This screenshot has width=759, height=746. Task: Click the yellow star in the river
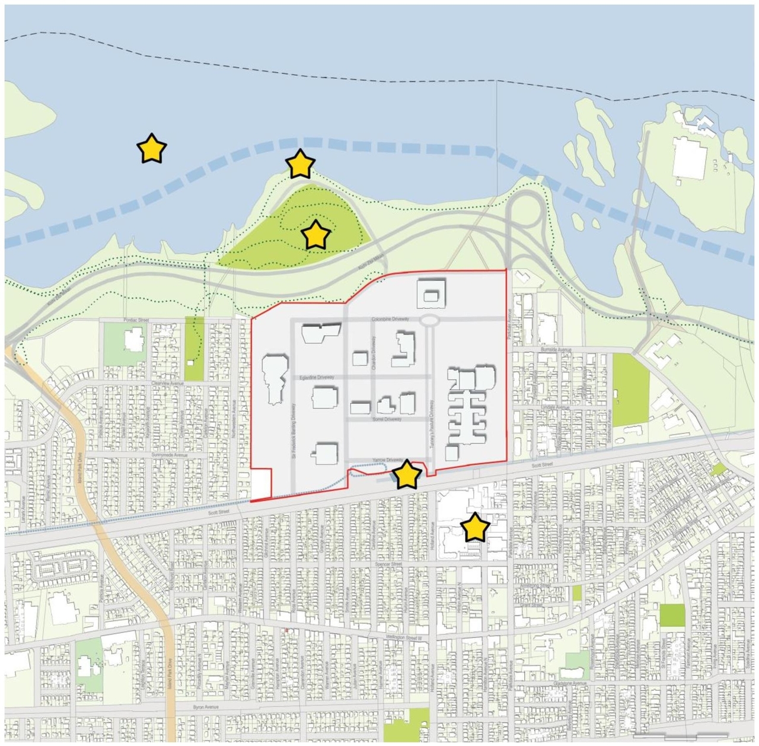[152, 148]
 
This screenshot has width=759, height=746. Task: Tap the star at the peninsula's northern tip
[300, 164]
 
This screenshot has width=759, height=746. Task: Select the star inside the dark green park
[315, 235]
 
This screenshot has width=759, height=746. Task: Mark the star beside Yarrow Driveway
[407, 474]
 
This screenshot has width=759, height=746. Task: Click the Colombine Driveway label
[390, 319]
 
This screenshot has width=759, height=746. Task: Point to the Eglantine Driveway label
[317, 377]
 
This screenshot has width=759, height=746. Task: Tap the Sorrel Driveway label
[387, 419]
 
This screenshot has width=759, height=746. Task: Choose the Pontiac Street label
[136, 320]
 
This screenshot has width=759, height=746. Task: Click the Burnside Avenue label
[556, 350]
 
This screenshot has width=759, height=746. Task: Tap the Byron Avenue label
[206, 707]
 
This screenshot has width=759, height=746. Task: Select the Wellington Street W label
[406, 637]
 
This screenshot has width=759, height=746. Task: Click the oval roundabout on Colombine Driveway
[430, 320]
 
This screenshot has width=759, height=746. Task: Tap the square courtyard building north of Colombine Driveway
[431, 294]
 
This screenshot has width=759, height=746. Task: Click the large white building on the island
[689, 158]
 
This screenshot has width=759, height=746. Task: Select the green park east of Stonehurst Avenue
[630, 390]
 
